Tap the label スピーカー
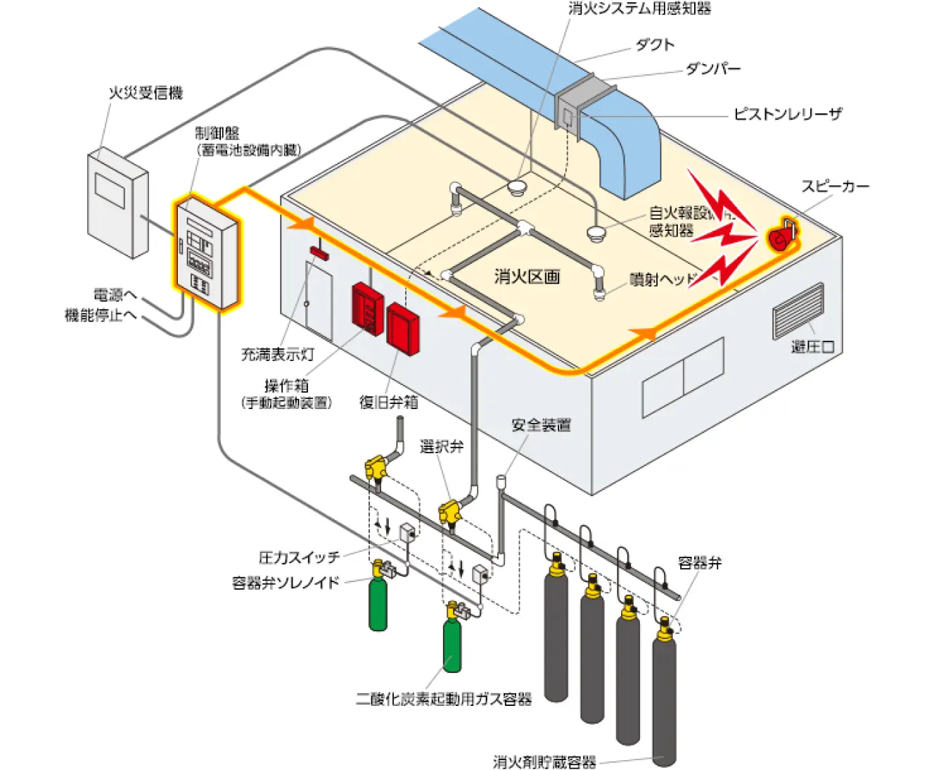click(835, 187)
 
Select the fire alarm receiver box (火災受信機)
click(117, 203)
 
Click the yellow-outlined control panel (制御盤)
click(207, 254)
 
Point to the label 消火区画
click(526, 277)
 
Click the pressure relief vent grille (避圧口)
click(798, 310)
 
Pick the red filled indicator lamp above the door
click(319, 253)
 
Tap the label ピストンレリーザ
click(787, 114)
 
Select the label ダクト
click(655, 45)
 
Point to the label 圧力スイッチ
click(299, 557)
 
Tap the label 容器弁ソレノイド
click(286, 583)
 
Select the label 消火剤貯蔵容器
click(544, 762)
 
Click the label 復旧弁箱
click(388, 402)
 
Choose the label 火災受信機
click(145, 93)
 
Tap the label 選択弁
click(441, 446)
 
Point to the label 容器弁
click(699, 563)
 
